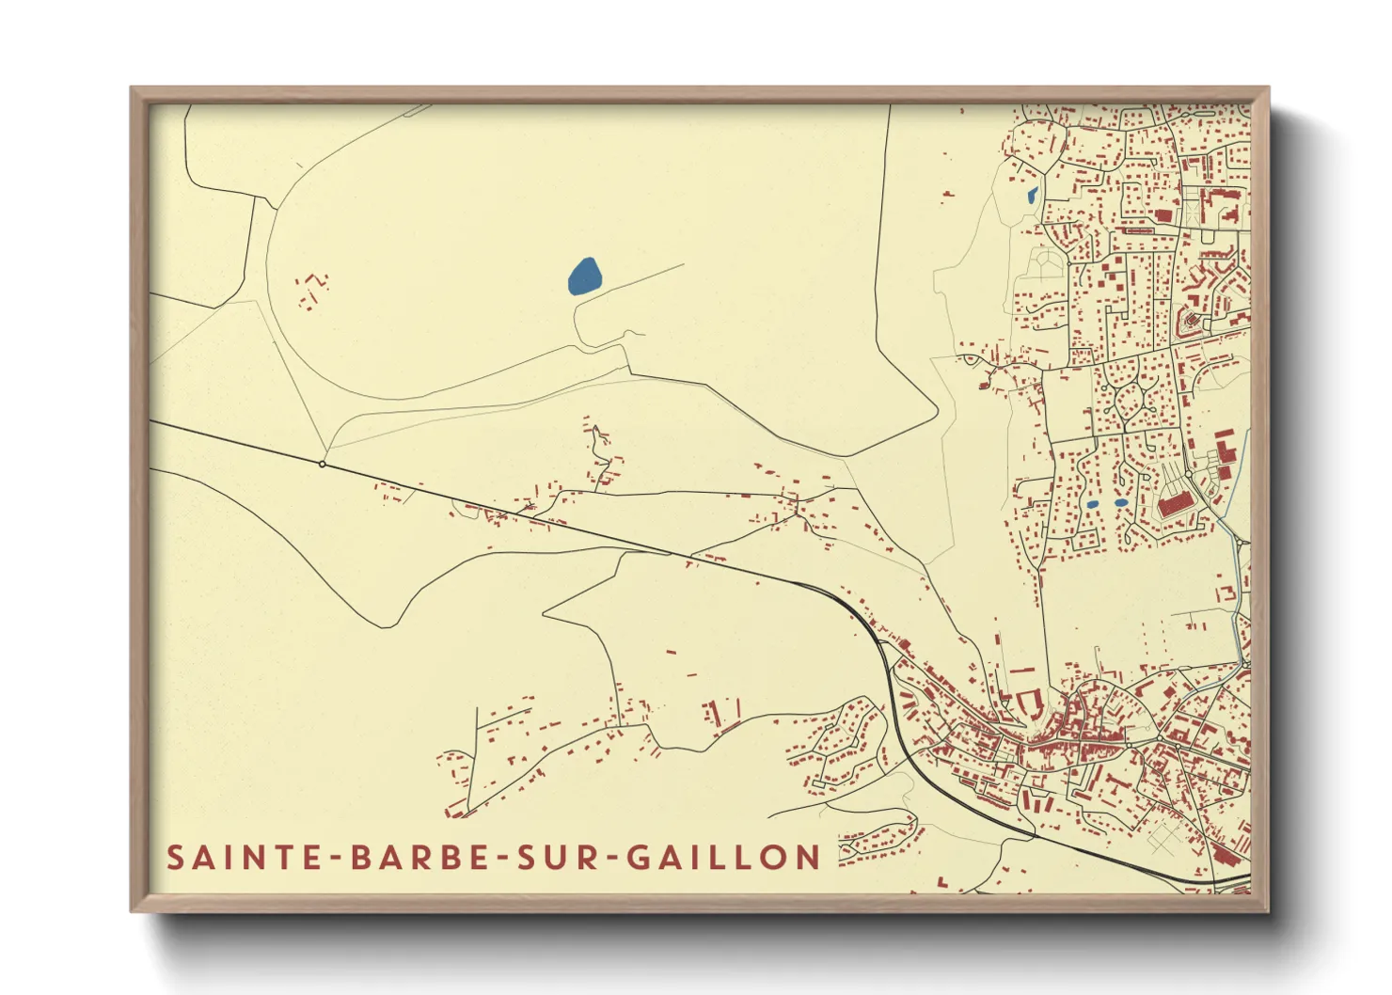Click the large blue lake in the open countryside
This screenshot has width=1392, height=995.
584,276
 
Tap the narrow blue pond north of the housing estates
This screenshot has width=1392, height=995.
1032,197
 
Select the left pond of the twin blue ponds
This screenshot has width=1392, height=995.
1092,504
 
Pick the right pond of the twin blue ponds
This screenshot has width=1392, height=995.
1120,503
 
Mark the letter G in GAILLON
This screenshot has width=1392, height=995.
640,858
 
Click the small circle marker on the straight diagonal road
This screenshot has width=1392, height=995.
323,464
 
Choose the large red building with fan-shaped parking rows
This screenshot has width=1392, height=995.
1176,505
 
